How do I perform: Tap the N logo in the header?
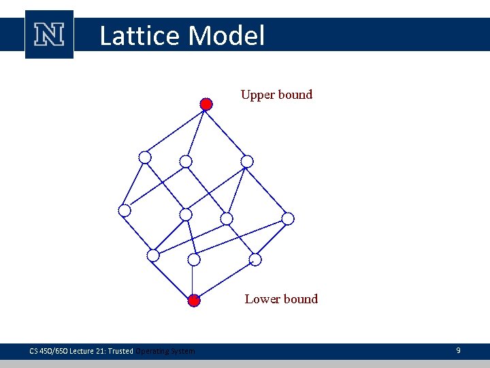click(x=49, y=34)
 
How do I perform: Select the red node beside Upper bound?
click(x=206, y=104)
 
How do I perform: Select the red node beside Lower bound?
click(x=194, y=301)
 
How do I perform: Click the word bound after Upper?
click(x=294, y=95)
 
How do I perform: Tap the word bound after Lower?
click(x=300, y=299)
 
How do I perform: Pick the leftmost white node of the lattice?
click(x=125, y=211)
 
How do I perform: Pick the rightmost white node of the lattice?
click(x=288, y=219)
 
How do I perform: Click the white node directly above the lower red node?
click(x=194, y=260)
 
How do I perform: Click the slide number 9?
click(x=458, y=350)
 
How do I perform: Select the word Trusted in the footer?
click(x=120, y=351)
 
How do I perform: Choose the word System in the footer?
click(x=182, y=351)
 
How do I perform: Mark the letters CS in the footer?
click(x=34, y=351)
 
